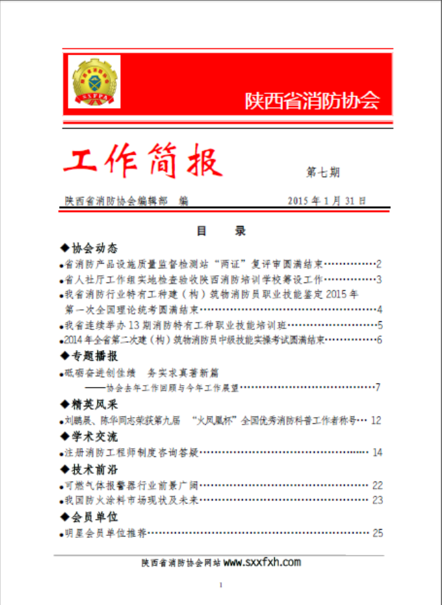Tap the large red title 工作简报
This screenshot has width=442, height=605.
point(142,162)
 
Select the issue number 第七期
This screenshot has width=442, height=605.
point(323,172)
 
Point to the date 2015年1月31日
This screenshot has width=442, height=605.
point(327,201)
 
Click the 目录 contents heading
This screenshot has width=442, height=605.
point(221,231)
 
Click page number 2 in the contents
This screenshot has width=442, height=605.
point(379,264)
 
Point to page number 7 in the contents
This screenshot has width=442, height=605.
point(378,387)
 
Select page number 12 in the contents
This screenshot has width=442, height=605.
point(376,421)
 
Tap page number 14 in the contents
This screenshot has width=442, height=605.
point(377,453)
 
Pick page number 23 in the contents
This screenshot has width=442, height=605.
point(377,500)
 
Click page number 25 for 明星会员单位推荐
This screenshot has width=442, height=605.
point(377,533)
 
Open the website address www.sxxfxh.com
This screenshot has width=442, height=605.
point(262,563)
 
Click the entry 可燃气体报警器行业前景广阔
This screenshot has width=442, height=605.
point(130,485)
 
